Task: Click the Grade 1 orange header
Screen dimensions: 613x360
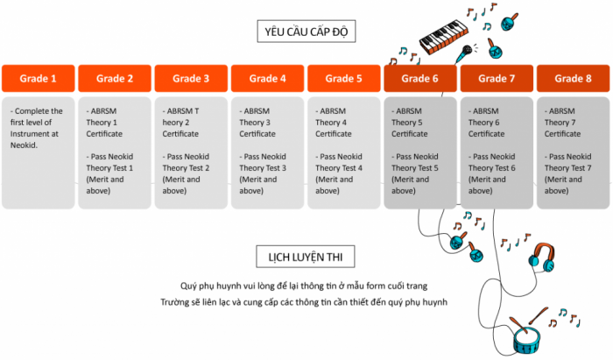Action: tap(39, 79)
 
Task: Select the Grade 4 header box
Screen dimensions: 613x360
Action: tap(267, 79)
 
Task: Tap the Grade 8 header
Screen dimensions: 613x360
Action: tap(573, 79)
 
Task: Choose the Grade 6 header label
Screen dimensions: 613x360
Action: tap(419, 79)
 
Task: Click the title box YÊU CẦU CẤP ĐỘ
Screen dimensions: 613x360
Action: tap(306, 32)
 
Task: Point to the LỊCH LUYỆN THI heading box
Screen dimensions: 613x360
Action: tap(306, 257)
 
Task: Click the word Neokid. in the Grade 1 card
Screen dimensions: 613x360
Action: tap(24, 145)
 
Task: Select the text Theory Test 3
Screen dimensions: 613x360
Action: tap(263, 168)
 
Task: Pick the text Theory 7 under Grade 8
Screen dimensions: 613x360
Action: tap(560, 123)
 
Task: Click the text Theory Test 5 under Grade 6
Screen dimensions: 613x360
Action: tap(415, 168)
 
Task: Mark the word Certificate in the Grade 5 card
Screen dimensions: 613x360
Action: tap(334, 134)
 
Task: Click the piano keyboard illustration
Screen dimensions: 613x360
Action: tap(444, 37)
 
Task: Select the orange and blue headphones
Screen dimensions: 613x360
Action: tap(542, 258)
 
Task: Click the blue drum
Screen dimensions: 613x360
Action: tap(526, 339)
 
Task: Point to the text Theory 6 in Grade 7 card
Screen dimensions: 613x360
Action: tap(484, 123)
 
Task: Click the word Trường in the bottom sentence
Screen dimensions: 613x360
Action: tap(173, 302)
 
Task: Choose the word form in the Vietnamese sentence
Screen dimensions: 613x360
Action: tap(376, 286)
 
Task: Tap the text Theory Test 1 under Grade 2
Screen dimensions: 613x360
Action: tap(109, 168)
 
